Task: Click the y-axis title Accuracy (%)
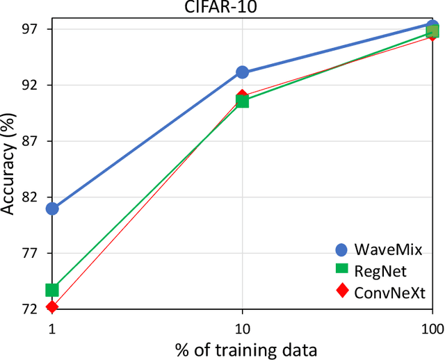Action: (9, 168)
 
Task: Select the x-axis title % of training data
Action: (242, 347)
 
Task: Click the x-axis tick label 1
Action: (52, 326)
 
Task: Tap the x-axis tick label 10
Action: (242, 326)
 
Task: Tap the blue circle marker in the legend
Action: (341, 249)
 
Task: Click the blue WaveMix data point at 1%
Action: (52, 208)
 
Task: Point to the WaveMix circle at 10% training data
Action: (242, 72)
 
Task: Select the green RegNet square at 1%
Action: (52, 289)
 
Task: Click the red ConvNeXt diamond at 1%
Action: (52, 307)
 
